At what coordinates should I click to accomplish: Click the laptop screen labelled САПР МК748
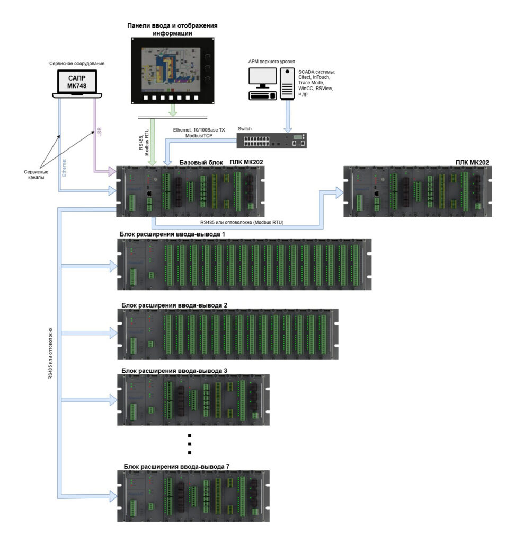pos(77,82)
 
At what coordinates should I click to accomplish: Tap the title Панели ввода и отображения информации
pos(172,30)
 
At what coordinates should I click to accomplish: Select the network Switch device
pos(272,141)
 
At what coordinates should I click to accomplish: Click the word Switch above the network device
pos(245,129)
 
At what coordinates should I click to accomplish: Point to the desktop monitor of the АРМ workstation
pos(263,77)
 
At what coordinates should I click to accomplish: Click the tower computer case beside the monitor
pos(287,83)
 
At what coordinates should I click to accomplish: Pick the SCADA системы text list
pos(316,83)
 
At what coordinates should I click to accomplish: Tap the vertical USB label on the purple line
pos(99,132)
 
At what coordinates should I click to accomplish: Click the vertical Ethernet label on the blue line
pos(64,168)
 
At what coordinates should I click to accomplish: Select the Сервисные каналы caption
pos(36,174)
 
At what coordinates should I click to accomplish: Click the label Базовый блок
pos(201,162)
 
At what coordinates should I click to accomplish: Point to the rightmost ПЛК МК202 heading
pos(472,162)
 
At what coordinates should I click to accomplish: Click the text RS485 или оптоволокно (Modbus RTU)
pos(242,222)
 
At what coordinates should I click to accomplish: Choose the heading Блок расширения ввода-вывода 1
pos(172,234)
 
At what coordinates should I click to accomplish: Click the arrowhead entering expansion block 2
pos(113,333)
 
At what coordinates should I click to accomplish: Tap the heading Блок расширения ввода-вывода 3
pos(174,371)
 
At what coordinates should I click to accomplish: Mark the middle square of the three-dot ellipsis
pos(190,444)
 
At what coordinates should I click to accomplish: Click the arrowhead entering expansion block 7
pos(113,496)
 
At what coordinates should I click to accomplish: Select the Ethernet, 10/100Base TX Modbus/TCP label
pos(199,133)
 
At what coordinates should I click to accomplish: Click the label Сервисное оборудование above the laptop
pos(77,64)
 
